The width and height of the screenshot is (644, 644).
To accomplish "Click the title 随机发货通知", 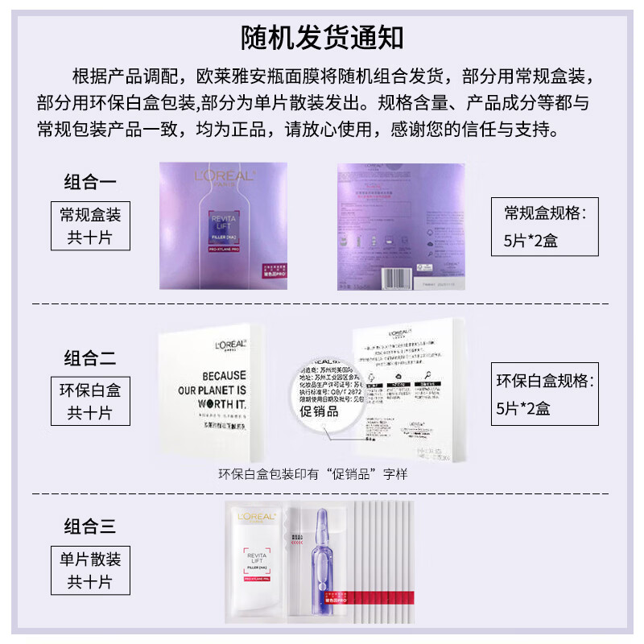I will (322, 37).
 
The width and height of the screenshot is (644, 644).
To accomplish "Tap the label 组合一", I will (90, 181).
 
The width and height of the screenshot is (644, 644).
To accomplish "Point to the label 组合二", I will (90, 357).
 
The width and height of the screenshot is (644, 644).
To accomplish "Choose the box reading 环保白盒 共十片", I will (90, 402).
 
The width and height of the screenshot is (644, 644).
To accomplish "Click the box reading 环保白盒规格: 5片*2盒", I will (545, 394).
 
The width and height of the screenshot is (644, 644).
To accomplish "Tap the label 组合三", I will (90, 527).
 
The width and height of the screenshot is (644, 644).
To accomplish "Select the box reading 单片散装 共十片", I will (90, 569).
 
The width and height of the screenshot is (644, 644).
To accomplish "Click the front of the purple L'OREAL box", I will (223, 225).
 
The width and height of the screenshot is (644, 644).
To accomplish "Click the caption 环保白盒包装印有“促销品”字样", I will (313, 474).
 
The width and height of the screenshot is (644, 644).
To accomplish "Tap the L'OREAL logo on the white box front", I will (230, 344).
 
